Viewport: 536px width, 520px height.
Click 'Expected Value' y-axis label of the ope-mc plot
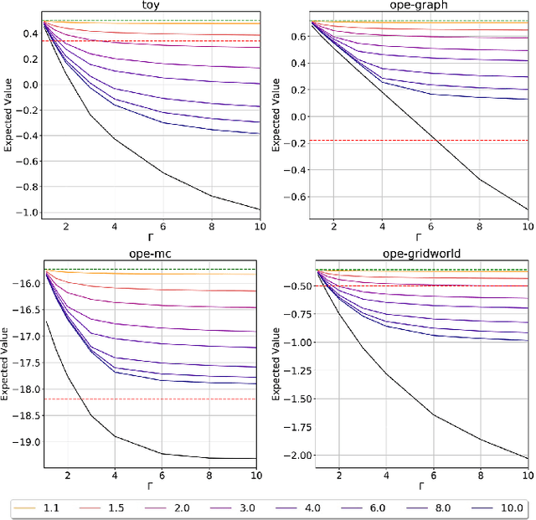pyautogui.click(x=7, y=368)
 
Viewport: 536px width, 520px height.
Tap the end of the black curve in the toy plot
pyautogui.click(x=260, y=209)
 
